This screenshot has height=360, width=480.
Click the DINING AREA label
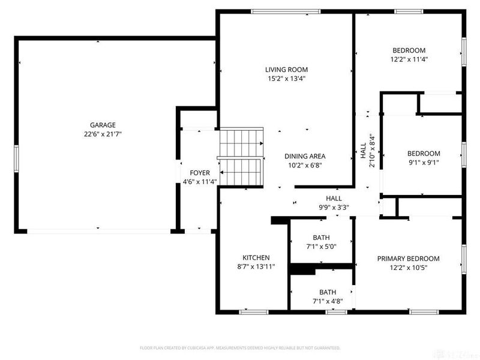(x=305, y=156)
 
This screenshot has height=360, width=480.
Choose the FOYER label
(x=200, y=173)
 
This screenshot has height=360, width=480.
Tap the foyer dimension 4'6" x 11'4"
(x=200, y=182)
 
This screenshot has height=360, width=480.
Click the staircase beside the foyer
(x=241, y=157)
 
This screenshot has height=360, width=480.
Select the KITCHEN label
(x=256, y=257)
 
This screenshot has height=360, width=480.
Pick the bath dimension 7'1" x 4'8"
(x=327, y=301)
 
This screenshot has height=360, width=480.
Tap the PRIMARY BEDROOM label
(x=408, y=259)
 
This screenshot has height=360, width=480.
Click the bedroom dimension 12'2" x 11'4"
(x=409, y=59)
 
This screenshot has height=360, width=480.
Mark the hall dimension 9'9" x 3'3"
(x=334, y=208)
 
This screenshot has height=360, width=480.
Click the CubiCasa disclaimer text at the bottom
(x=240, y=347)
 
